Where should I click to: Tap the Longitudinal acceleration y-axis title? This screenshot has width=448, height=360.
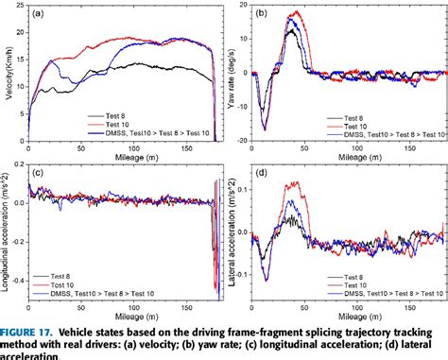point(8,232)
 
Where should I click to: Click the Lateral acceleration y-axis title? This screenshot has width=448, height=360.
point(232,232)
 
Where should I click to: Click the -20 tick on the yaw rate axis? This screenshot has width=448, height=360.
point(241,141)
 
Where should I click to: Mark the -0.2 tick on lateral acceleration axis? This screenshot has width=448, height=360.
point(238,299)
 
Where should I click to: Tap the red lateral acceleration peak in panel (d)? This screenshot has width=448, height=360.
point(299,182)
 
